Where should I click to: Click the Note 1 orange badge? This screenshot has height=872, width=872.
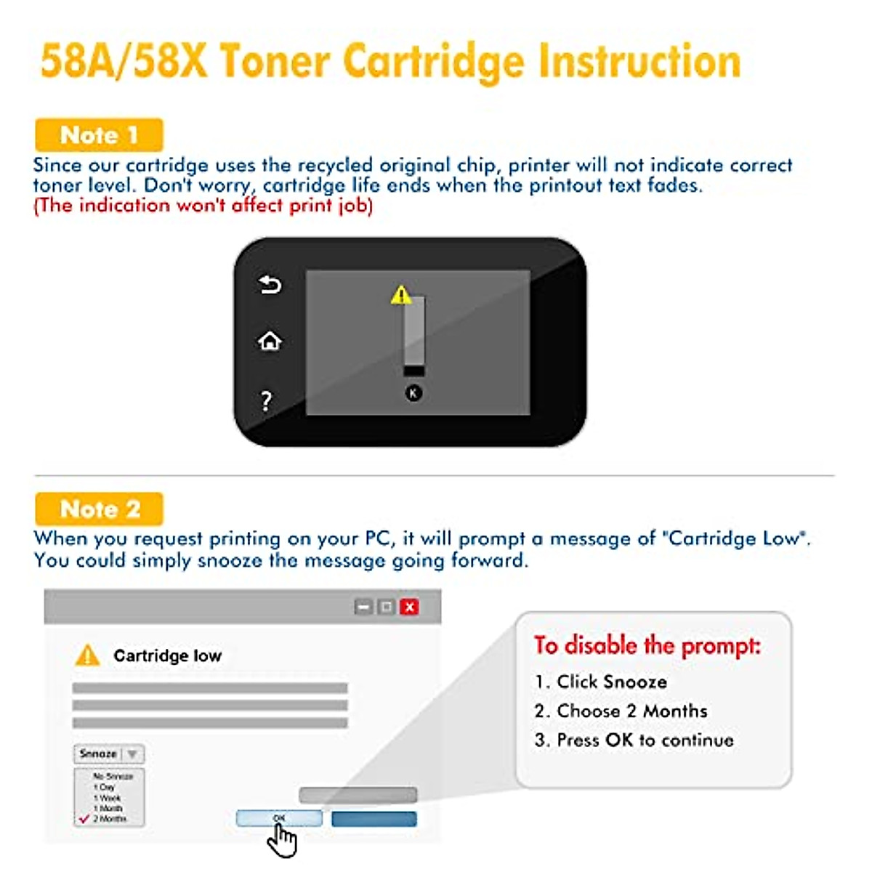99,135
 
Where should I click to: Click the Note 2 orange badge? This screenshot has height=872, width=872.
99,509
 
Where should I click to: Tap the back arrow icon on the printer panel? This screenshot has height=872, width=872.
270,285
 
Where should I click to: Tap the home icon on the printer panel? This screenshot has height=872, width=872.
270,341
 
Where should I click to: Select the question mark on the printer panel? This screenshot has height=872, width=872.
267,400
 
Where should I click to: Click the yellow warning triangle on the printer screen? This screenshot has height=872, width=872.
400,295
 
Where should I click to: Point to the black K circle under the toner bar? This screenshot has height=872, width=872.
413,393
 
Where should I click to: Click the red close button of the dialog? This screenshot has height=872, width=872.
410,607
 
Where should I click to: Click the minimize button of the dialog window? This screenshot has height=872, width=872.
363,607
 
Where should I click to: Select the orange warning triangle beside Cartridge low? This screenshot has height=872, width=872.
87,655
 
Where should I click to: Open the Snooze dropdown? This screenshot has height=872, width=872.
109,754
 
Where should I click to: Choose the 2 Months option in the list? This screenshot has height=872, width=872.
109,818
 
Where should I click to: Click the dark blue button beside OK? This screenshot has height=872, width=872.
374,819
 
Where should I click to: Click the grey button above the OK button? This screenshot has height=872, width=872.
358,795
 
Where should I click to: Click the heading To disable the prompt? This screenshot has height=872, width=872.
647,645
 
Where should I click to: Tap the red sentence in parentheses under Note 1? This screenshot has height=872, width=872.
203,206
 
